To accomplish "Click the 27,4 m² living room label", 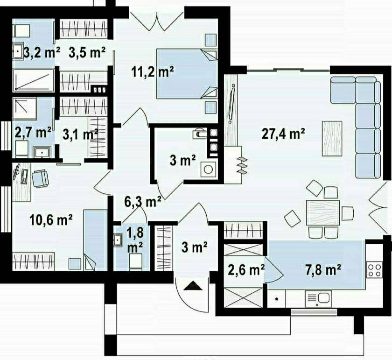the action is click(x=283, y=134).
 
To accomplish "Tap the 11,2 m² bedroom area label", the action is click(x=153, y=72).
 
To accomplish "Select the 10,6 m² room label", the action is click(x=51, y=220).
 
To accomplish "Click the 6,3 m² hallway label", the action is click(x=142, y=201).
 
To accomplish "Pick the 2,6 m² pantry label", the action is click(x=246, y=270).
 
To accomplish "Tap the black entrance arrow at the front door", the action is click(x=193, y=286).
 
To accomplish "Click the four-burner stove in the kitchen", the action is click(x=374, y=269).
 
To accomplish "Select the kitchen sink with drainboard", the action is click(x=318, y=298).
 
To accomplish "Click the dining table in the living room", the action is click(x=323, y=212).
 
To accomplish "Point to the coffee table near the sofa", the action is click(x=332, y=138).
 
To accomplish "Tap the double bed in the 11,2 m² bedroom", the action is click(x=187, y=74).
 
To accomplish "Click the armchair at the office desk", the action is click(x=40, y=179).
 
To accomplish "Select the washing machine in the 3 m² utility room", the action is click(x=208, y=169).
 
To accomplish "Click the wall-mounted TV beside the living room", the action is click(x=231, y=104).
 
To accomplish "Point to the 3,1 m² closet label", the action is click(x=79, y=134).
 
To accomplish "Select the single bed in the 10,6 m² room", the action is click(x=95, y=240).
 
